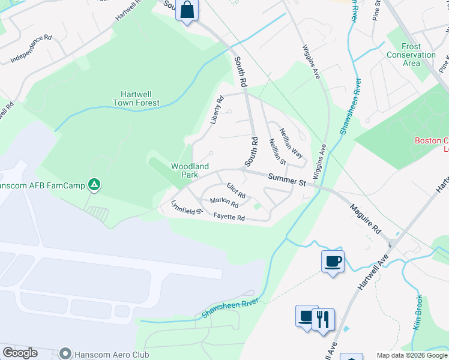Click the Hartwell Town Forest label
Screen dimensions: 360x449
pos(136,98)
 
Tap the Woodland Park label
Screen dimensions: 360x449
pos(190,170)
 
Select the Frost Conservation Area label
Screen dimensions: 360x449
pos(411,55)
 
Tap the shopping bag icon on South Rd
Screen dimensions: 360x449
pos(187,11)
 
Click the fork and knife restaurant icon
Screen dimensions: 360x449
pos(324,318)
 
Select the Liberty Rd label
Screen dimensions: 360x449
pos(217,110)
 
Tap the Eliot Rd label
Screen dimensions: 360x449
pos(236,191)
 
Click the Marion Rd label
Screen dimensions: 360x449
pos(224,203)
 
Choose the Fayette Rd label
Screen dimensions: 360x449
pos(229,218)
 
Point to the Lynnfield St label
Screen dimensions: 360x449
pos(187,210)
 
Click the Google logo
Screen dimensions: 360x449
pos(20,353)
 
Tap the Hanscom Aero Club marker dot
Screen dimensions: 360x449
pos(65,353)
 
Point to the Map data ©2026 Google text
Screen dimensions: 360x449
pos(412,355)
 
